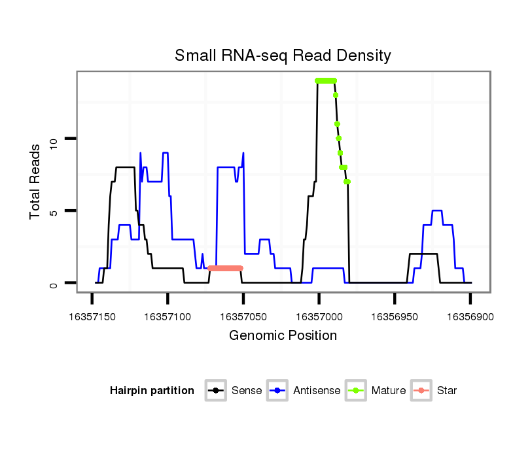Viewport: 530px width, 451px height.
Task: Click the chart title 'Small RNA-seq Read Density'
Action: pyautogui.click(x=283, y=56)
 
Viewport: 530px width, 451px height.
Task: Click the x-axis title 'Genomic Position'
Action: pyautogui.click(x=283, y=336)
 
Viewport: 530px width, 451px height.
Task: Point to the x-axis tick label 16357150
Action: pyautogui.click(x=92, y=316)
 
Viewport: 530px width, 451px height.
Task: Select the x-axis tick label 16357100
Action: pyautogui.click(x=168, y=316)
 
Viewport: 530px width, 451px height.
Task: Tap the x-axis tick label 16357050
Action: pyautogui.click(x=243, y=316)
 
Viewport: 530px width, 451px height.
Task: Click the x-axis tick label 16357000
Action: pyautogui.click(x=319, y=316)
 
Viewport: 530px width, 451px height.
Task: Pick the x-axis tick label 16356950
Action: pyautogui.click(x=395, y=316)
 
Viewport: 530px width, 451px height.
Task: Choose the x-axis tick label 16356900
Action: pyautogui.click(x=470, y=316)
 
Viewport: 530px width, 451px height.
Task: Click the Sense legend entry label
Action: pyautogui.click(x=247, y=391)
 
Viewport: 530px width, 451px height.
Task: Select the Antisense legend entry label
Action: pyautogui.click(x=317, y=391)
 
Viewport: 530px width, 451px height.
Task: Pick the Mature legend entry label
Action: pyautogui.click(x=389, y=391)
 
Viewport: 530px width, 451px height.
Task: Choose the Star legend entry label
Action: pyautogui.click(x=447, y=391)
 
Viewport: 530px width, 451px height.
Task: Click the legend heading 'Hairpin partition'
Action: pyautogui.click(x=152, y=391)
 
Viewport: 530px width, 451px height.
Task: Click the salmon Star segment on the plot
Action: pyautogui.click(x=225, y=268)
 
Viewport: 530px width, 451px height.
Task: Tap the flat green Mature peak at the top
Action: pyautogui.click(x=326, y=80)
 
